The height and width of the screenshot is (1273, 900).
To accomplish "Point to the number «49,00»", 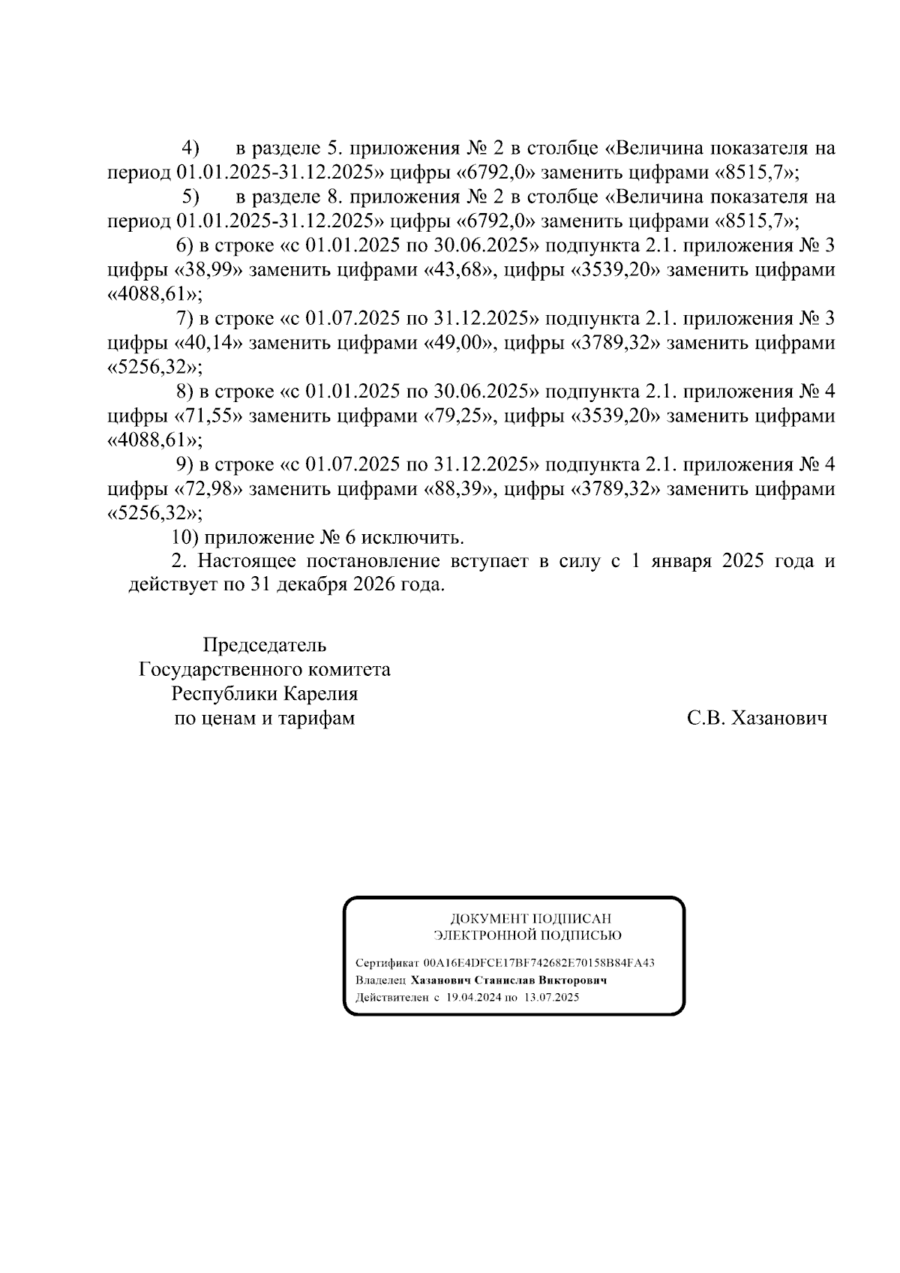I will (459, 344).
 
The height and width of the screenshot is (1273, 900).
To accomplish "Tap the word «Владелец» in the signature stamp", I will (381, 980).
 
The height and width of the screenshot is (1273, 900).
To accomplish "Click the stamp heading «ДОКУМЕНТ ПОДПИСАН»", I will (530, 919).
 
